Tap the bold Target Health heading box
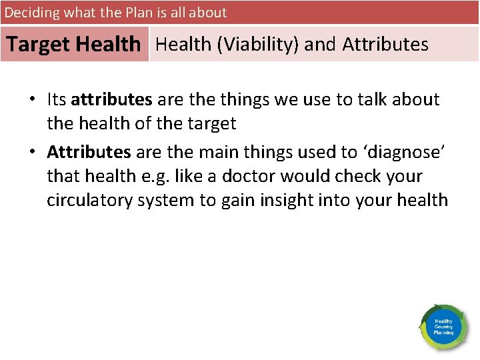click(74, 45)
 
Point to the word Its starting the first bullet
click(56, 100)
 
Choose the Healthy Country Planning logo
click(443, 327)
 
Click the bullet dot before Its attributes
click(32, 101)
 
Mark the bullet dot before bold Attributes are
click(32, 153)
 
